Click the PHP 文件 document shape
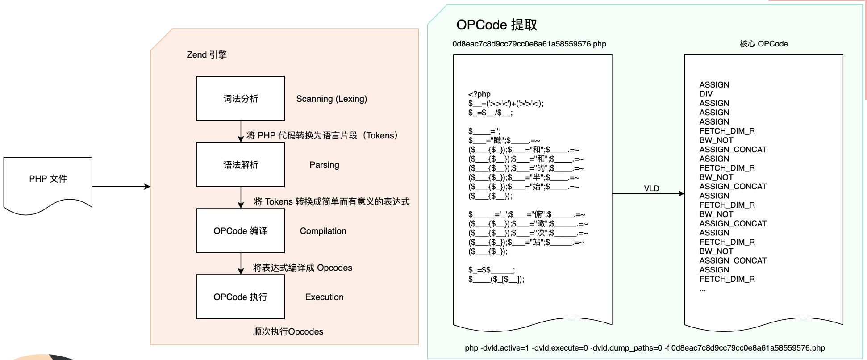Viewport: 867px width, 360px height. pyautogui.click(x=48, y=183)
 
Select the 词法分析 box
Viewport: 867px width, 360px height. pyautogui.click(x=240, y=99)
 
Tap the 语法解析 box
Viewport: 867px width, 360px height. pyautogui.click(x=240, y=165)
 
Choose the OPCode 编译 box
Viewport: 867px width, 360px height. pyautogui.click(x=240, y=231)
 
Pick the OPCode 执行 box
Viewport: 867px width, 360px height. pyautogui.click(x=240, y=297)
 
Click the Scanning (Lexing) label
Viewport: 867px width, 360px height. pyautogui.click(x=331, y=99)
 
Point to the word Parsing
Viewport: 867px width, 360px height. pyautogui.click(x=324, y=165)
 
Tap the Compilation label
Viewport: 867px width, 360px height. pyautogui.click(x=323, y=231)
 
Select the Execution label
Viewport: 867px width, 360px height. pyautogui.click(x=324, y=297)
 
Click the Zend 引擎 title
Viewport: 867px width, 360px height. pyautogui.click(x=207, y=54)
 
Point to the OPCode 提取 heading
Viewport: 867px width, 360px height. pyautogui.click(x=496, y=25)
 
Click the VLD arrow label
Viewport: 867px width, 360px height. pyautogui.click(x=651, y=188)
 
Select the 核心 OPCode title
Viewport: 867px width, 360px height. pyautogui.click(x=763, y=44)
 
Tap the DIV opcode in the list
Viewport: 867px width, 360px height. pyautogui.click(x=706, y=94)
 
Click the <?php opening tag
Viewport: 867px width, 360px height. pyautogui.click(x=479, y=94)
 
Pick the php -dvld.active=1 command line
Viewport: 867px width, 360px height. pyautogui.click(x=645, y=348)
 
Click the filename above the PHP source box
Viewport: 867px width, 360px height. pyautogui.click(x=529, y=44)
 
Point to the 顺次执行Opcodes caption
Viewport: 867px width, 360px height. pyautogui.click(x=288, y=331)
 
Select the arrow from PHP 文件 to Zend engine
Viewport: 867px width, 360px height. pyautogui.click(x=121, y=187)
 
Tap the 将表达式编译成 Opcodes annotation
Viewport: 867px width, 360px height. pyautogui.click(x=302, y=268)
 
